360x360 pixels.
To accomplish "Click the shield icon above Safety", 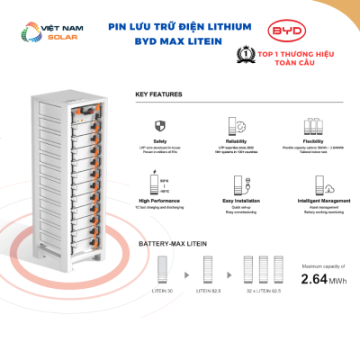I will [160, 126].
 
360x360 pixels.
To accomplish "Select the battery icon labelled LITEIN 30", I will [162, 271].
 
